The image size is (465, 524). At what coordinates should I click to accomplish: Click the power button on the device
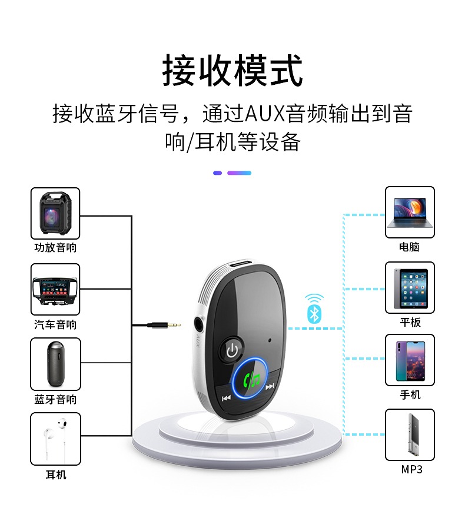(x=232, y=350)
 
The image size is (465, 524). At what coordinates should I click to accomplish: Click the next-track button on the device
(x=270, y=387)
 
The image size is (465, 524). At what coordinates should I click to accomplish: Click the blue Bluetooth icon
(x=314, y=313)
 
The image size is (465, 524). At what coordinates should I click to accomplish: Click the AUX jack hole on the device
(x=200, y=324)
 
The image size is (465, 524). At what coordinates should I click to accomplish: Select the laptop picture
(x=410, y=213)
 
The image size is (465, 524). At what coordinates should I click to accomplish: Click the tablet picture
(x=410, y=288)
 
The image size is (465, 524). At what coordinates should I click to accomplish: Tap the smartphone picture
(x=410, y=360)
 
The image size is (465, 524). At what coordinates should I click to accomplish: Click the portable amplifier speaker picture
(x=55, y=213)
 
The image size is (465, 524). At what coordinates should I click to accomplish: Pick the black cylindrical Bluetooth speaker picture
(x=55, y=364)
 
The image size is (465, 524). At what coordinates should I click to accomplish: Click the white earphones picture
(x=55, y=439)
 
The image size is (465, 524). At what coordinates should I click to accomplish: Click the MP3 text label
(x=411, y=469)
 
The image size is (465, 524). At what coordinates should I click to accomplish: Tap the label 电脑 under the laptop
(x=409, y=247)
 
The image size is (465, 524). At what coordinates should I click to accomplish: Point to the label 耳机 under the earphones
(x=56, y=475)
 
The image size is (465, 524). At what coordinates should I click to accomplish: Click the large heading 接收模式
(x=232, y=70)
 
